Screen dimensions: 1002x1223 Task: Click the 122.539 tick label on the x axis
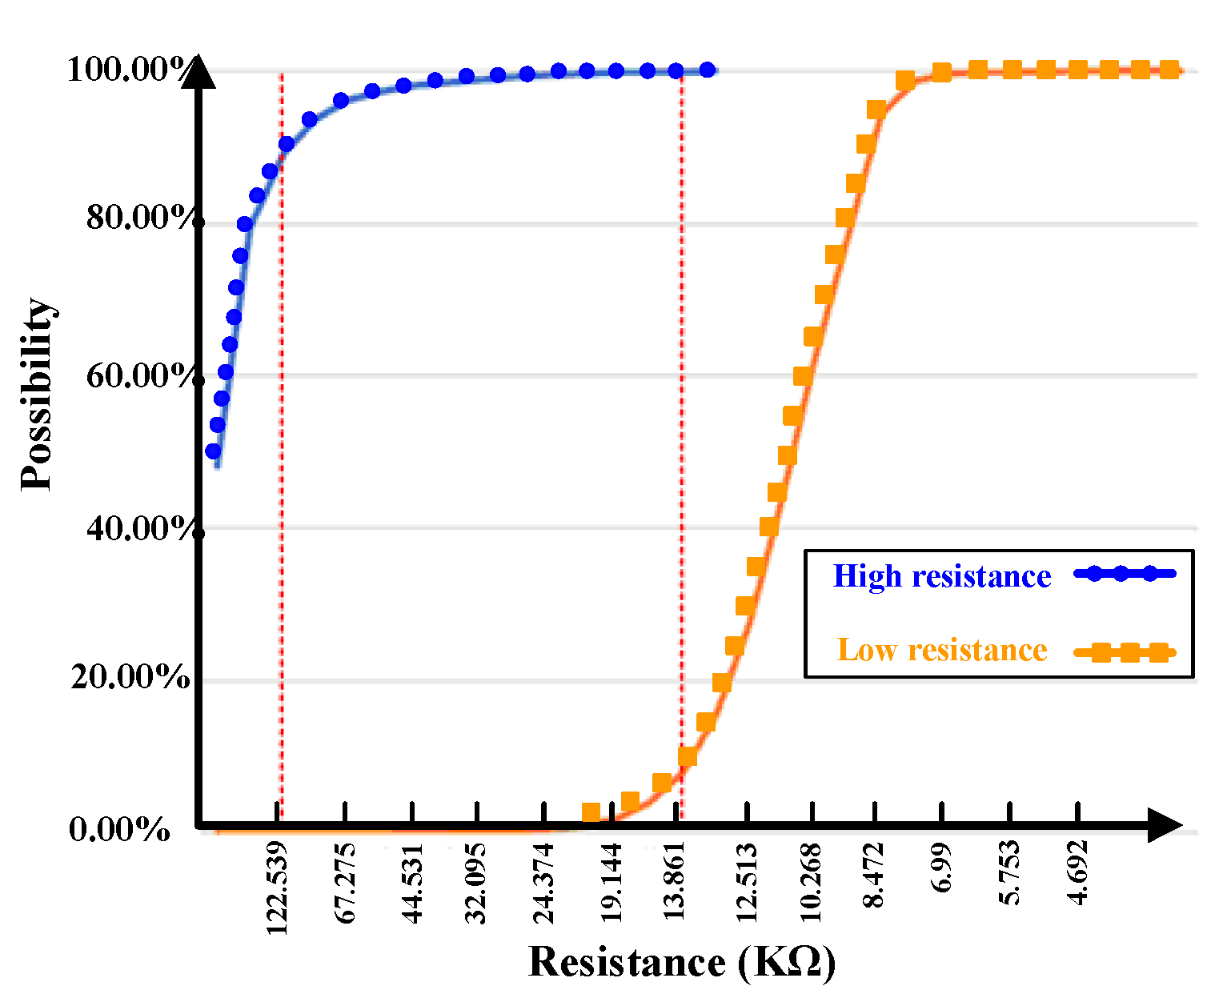click(277, 888)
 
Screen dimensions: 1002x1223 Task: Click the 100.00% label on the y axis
click(128, 70)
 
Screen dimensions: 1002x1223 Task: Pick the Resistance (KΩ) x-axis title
click(682, 962)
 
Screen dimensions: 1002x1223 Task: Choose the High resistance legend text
click(942, 576)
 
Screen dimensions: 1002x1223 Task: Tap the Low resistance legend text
click(942, 650)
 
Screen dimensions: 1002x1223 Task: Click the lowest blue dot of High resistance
click(213, 451)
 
